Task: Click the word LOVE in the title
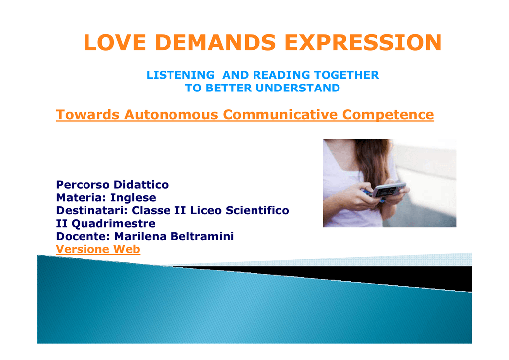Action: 115,43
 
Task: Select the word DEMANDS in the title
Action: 215,43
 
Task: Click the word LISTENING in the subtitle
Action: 180,75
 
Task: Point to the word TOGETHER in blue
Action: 346,75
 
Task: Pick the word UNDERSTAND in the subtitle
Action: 298,88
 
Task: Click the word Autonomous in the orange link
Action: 171,114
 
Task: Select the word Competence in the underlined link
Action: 388,115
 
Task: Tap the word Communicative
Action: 280,114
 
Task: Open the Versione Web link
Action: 98,249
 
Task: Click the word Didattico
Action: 141,185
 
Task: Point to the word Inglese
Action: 133,198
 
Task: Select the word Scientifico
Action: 257,211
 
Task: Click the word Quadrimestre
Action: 113,224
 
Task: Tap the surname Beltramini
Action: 202,236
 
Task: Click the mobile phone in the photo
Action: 388,190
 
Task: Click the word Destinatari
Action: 91,211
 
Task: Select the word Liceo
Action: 206,211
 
